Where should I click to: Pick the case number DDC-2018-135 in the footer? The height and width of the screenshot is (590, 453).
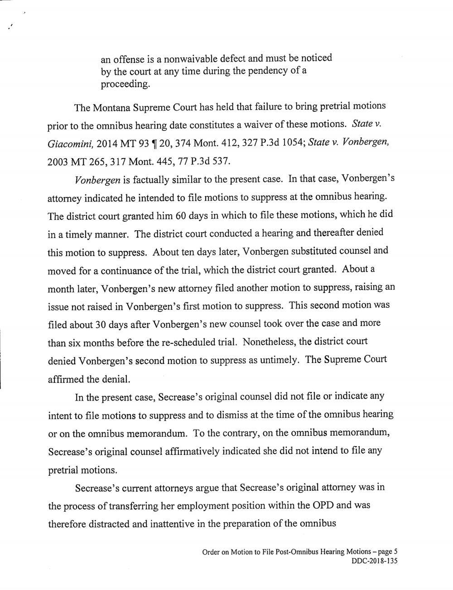[x=374, y=561]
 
